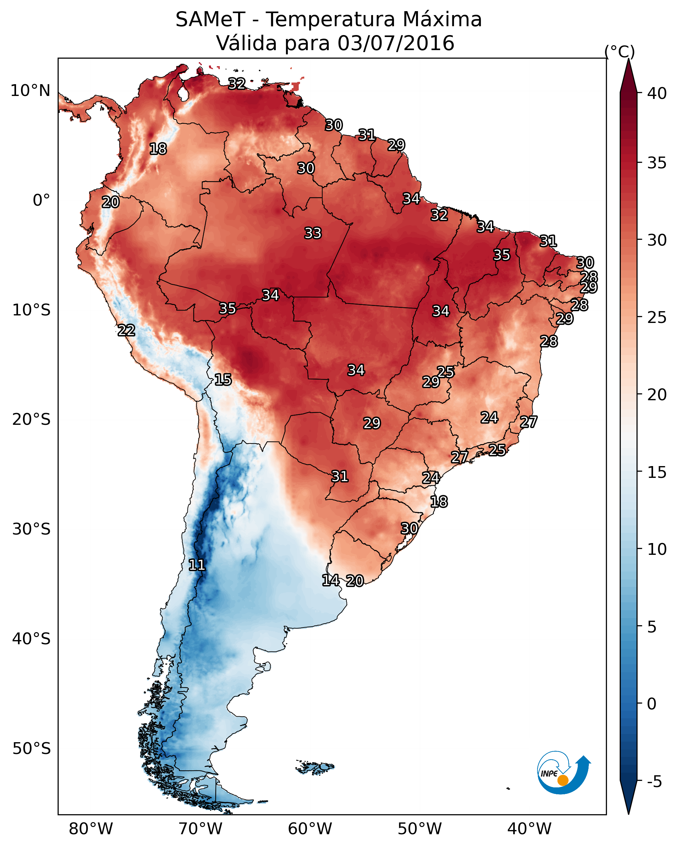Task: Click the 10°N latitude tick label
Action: [30, 91]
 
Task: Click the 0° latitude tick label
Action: [42, 200]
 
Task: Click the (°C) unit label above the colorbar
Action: [620, 51]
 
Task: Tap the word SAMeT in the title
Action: [210, 19]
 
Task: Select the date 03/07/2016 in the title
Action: [396, 43]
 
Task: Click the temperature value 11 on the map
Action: [197, 565]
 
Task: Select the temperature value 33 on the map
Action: [313, 233]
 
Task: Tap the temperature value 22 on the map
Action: [126, 330]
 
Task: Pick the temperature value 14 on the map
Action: [331, 580]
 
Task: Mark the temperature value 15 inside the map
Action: [223, 380]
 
